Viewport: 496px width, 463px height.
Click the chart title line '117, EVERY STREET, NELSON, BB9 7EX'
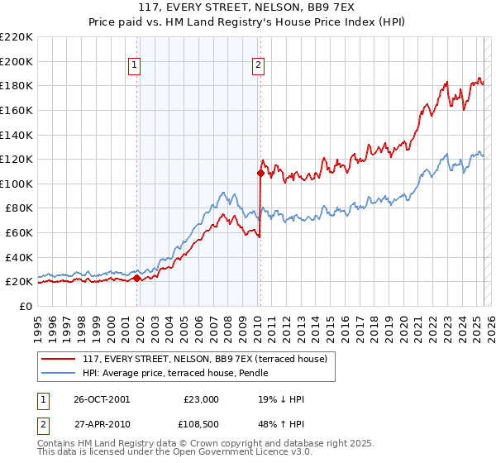coord(247,8)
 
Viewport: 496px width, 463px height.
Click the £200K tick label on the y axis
coord(17,61)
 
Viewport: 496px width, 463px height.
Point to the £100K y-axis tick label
coord(17,184)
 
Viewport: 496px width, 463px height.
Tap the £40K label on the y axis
coord(19,257)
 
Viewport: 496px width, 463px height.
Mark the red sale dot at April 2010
coord(260,174)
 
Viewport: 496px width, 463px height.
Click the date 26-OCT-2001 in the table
coord(102,399)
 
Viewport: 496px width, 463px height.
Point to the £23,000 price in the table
coord(201,399)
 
